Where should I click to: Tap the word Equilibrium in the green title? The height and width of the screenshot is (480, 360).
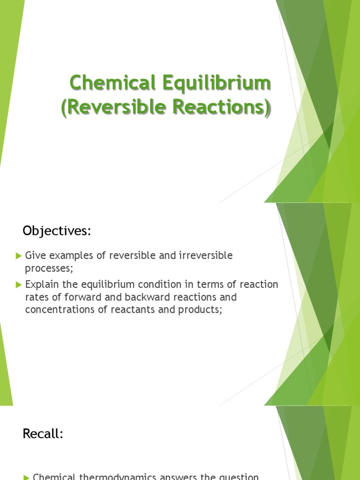click(x=217, y=83)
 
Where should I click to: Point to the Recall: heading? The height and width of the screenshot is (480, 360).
click(x=43, y=434)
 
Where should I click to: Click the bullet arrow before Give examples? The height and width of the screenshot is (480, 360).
click(x=19, y=256)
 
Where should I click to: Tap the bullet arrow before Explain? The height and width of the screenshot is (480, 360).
click(x=19, y=285)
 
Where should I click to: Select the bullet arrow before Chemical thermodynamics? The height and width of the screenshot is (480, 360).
click(x=26, y=477)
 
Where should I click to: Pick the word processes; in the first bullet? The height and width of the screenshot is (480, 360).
click(x=49, y=269)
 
